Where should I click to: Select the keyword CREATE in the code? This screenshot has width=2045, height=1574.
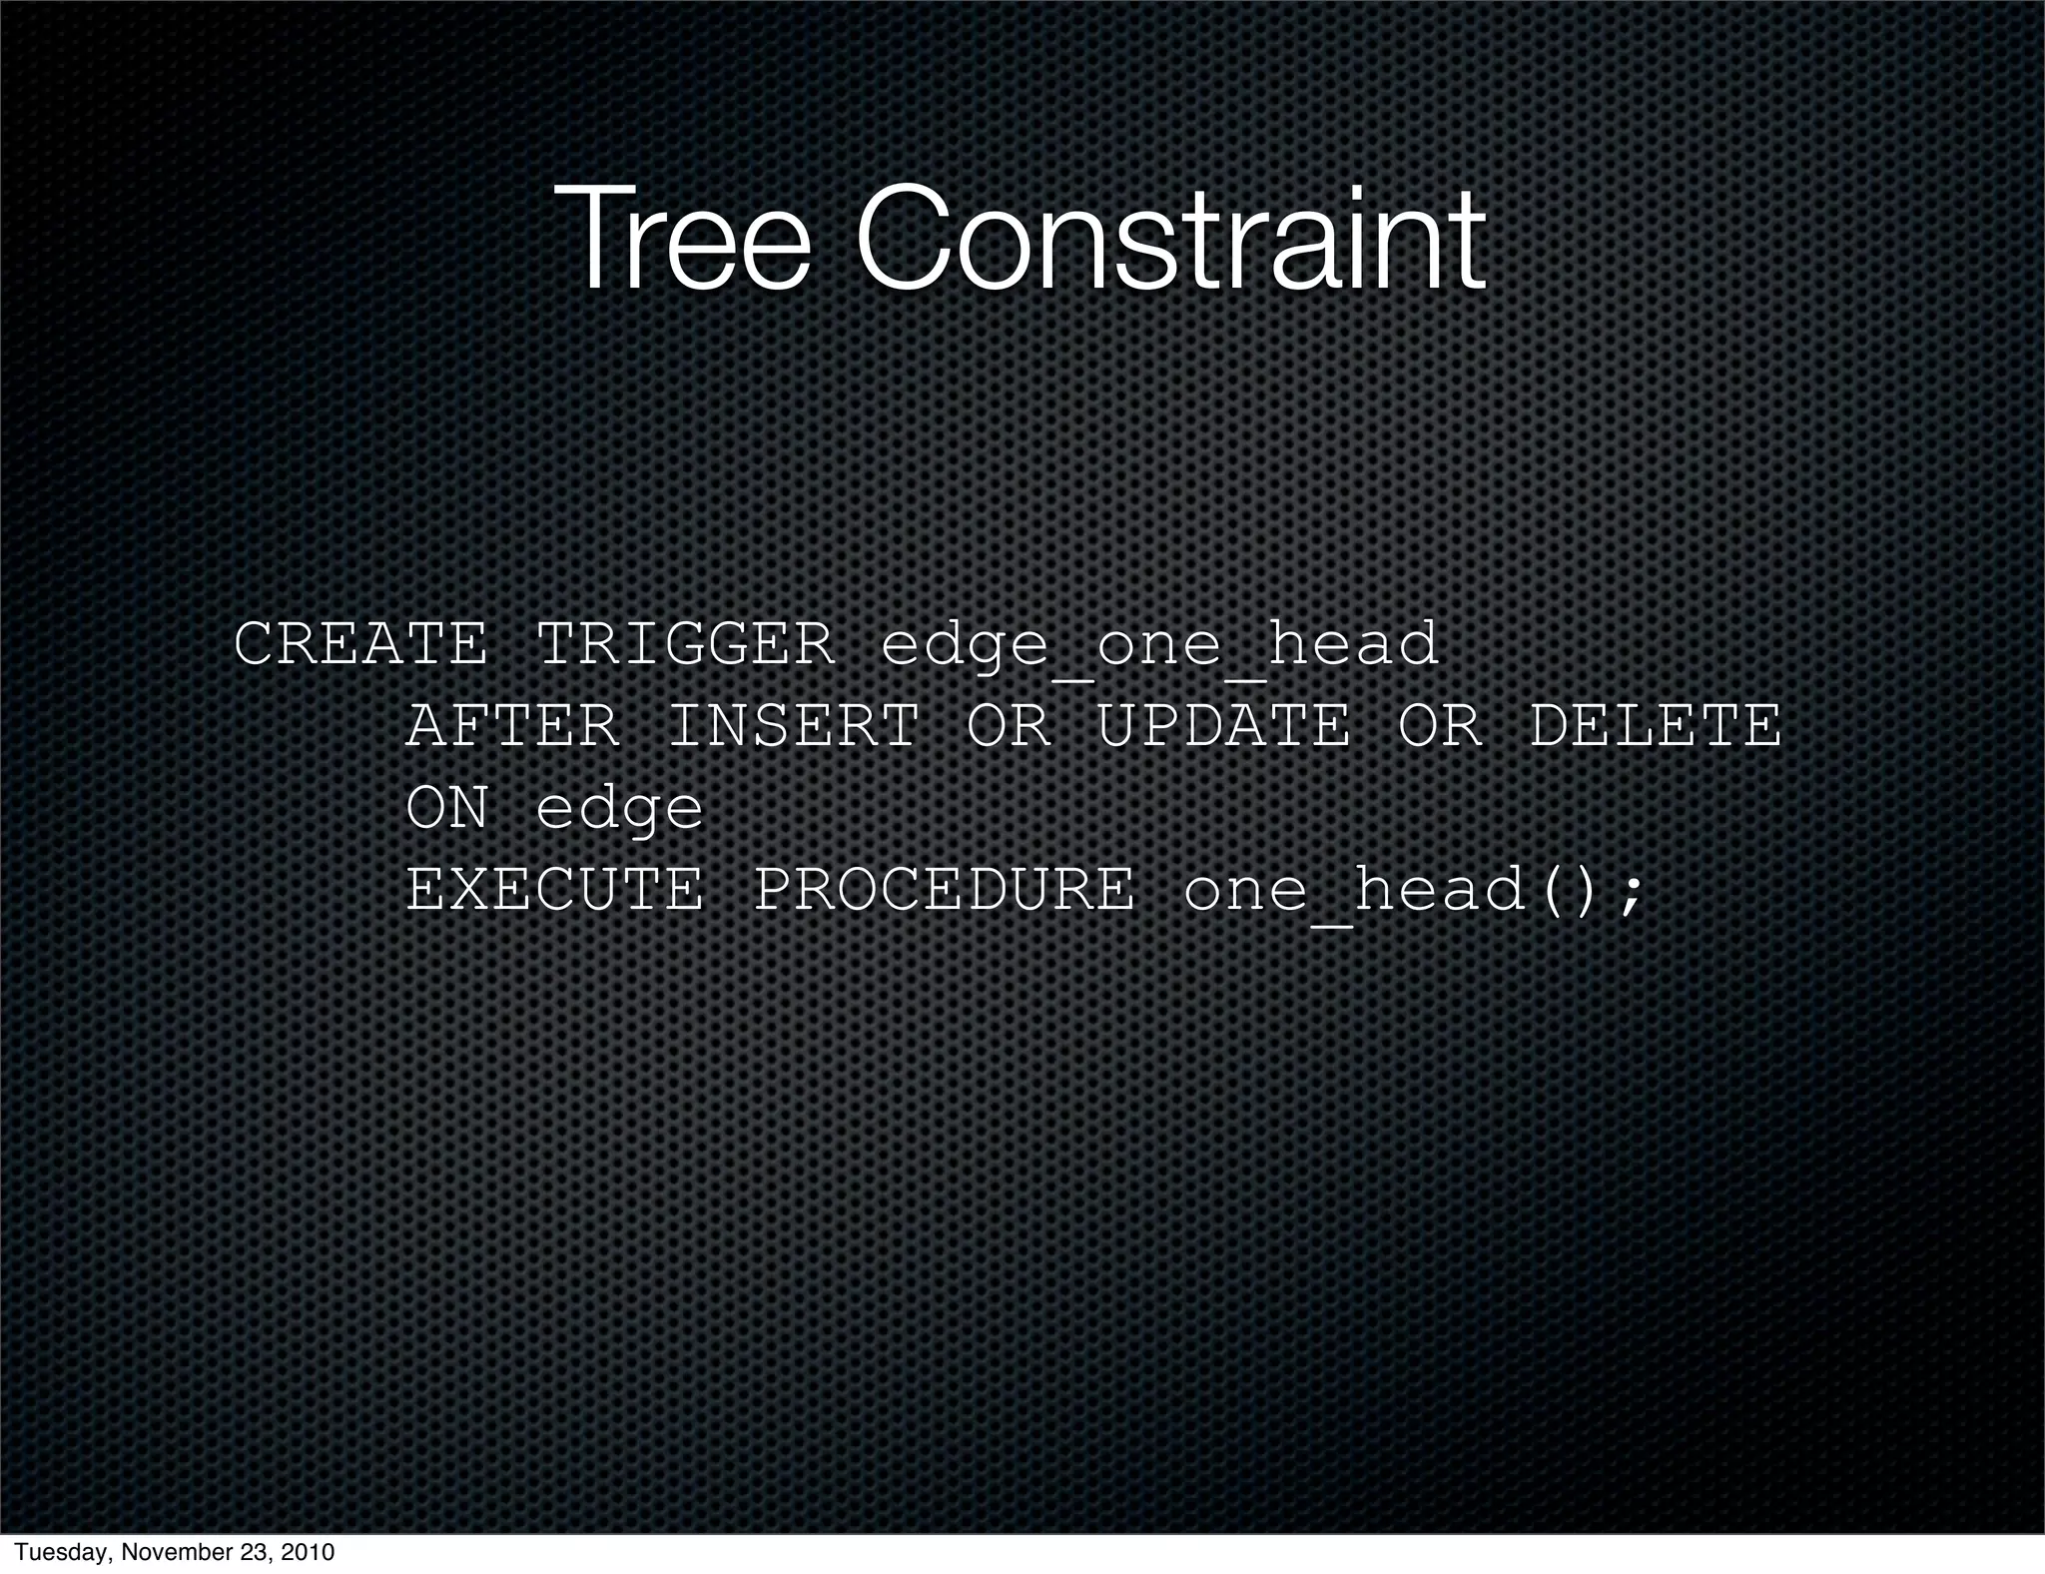360,644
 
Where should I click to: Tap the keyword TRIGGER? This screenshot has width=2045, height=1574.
685,644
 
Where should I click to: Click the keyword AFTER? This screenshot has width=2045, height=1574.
512,726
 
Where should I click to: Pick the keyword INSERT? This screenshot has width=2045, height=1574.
793,726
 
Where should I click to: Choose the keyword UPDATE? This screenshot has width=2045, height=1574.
1224,726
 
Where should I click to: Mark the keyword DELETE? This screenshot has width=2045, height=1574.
1656,726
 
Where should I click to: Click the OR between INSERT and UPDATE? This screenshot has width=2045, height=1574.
1009,726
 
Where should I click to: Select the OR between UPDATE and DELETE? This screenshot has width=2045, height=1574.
1440,726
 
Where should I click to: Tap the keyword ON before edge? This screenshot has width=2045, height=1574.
447,808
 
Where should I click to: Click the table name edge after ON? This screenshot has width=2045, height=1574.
620,810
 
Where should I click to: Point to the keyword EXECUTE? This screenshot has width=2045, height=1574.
555,890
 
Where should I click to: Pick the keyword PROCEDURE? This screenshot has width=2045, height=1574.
944,890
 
